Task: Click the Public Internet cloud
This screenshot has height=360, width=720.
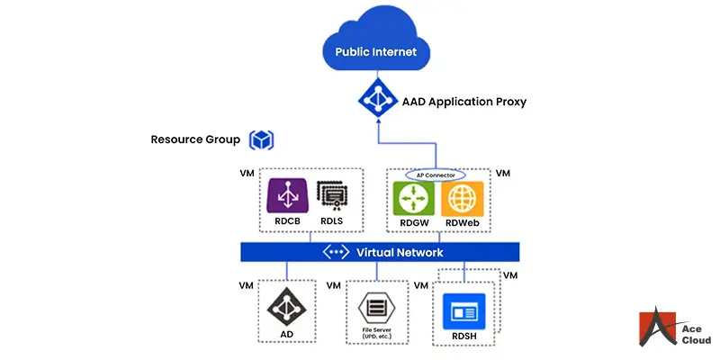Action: (375, 47)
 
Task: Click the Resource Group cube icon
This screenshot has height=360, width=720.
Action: (262, 140)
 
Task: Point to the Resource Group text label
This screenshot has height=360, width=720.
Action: (195, 140)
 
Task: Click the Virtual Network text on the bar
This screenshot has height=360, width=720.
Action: (400, 253)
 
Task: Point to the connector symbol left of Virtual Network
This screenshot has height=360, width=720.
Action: (336, 253)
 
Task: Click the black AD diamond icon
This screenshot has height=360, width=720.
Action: (286, 307)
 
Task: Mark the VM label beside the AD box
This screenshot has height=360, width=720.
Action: (246, 285)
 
